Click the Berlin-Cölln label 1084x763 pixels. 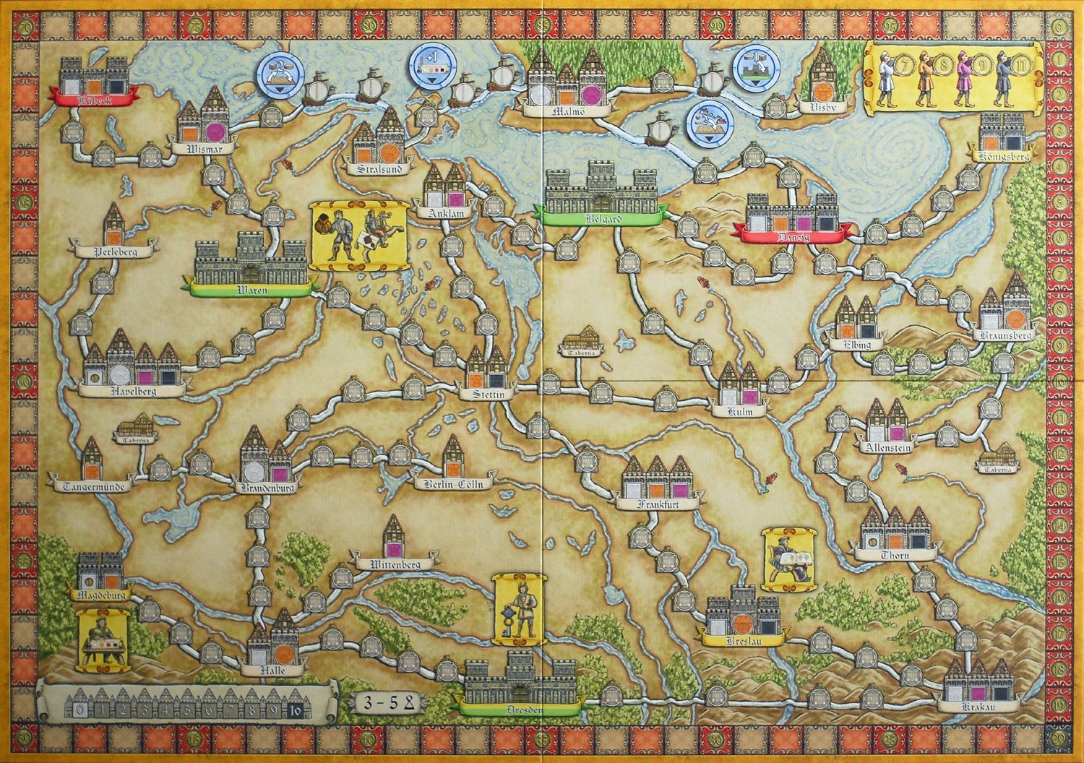pyautogui.click(x=454, y=484)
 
